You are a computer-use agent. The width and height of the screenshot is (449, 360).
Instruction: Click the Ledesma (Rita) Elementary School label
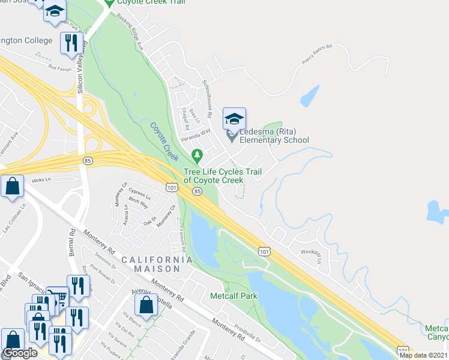pyautogui.click(x=274, y=136)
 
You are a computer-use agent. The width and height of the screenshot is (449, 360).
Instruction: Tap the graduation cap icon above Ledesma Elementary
pyautogui.click(x=234, y=118)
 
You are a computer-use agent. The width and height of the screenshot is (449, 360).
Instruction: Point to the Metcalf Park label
pyautogui.click(x=233, y=296)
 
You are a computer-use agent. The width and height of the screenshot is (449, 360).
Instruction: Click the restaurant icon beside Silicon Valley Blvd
pyautogui.click(x=71, y=44)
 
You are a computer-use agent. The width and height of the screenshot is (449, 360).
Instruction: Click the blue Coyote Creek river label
pyautogui.click(x=164, y=140)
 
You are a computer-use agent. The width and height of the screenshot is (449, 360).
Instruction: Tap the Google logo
pyautogui.click(x=20, y=353)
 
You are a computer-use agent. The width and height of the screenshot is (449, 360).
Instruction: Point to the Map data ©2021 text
pyautogui.click(x=423, y=355)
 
